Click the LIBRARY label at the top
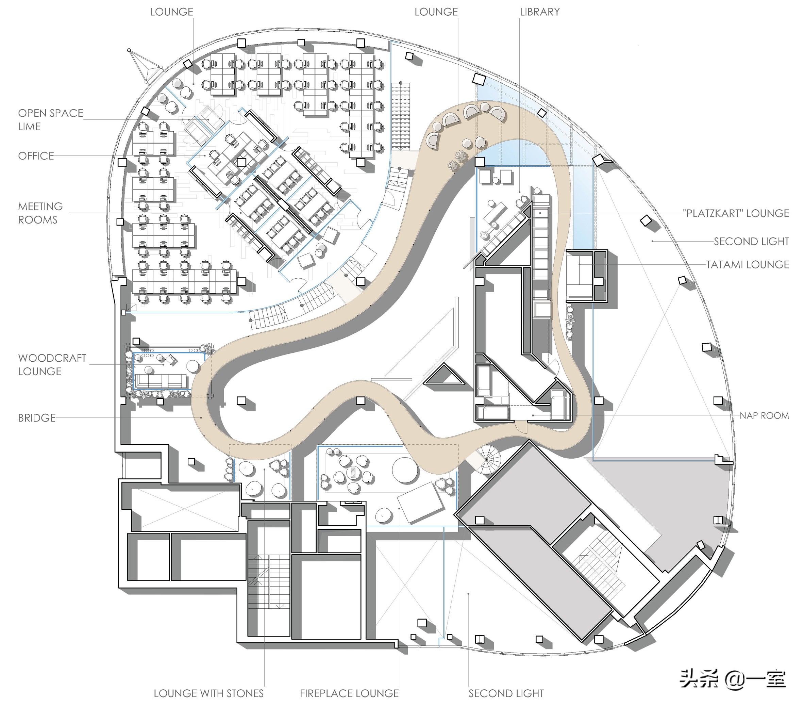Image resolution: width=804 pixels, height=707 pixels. click(540, 12)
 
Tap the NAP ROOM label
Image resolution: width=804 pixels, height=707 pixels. click(764, 415)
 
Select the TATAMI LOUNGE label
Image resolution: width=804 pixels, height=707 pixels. click(747, 264)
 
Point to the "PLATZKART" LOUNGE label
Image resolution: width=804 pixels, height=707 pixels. click(736, 213)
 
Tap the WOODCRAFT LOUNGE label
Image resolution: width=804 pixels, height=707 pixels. click(52, 365)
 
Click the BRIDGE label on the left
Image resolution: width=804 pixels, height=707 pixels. click(37, 418)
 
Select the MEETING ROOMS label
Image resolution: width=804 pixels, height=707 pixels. click(40, 213)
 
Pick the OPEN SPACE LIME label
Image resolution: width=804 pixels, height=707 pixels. click(50, 120)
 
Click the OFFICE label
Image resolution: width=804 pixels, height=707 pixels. click(36, 156)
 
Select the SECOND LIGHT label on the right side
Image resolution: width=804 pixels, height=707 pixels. click(751, 241)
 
